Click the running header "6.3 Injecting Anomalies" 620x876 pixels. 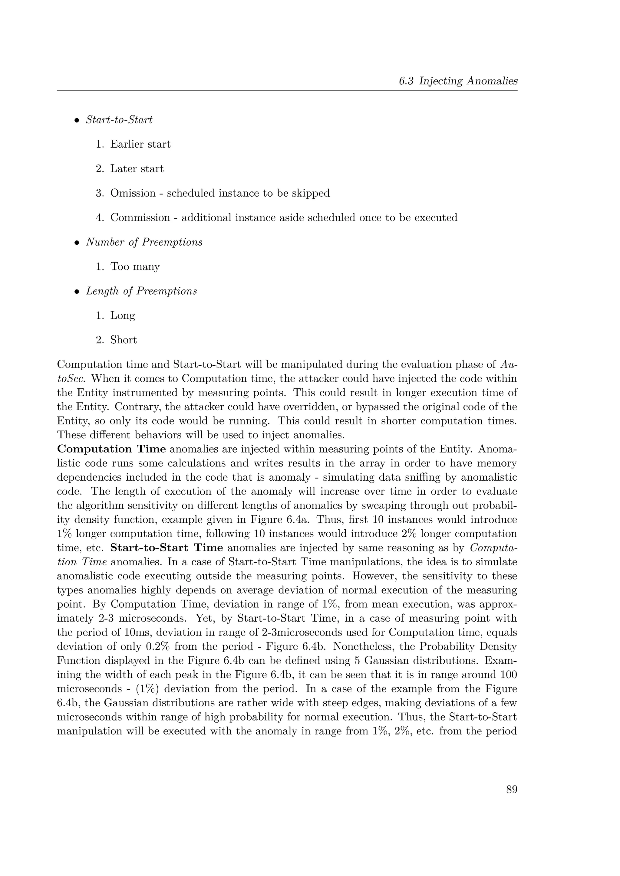point(458,81)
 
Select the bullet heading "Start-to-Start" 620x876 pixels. point(119,120)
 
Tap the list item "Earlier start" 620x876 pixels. point(140,144)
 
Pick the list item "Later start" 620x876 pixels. point(137,169)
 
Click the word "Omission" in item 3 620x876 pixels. point(133,193)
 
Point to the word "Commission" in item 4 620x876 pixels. point(140,217)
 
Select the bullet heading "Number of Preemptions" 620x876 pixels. point(144,242)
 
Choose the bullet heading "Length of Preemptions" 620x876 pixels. point(141,291)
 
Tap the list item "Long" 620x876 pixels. point(123,315)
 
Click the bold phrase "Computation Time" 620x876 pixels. point(111,449)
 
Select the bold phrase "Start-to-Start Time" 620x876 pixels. point(167,548)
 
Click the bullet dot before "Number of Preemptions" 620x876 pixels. point(76,243)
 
